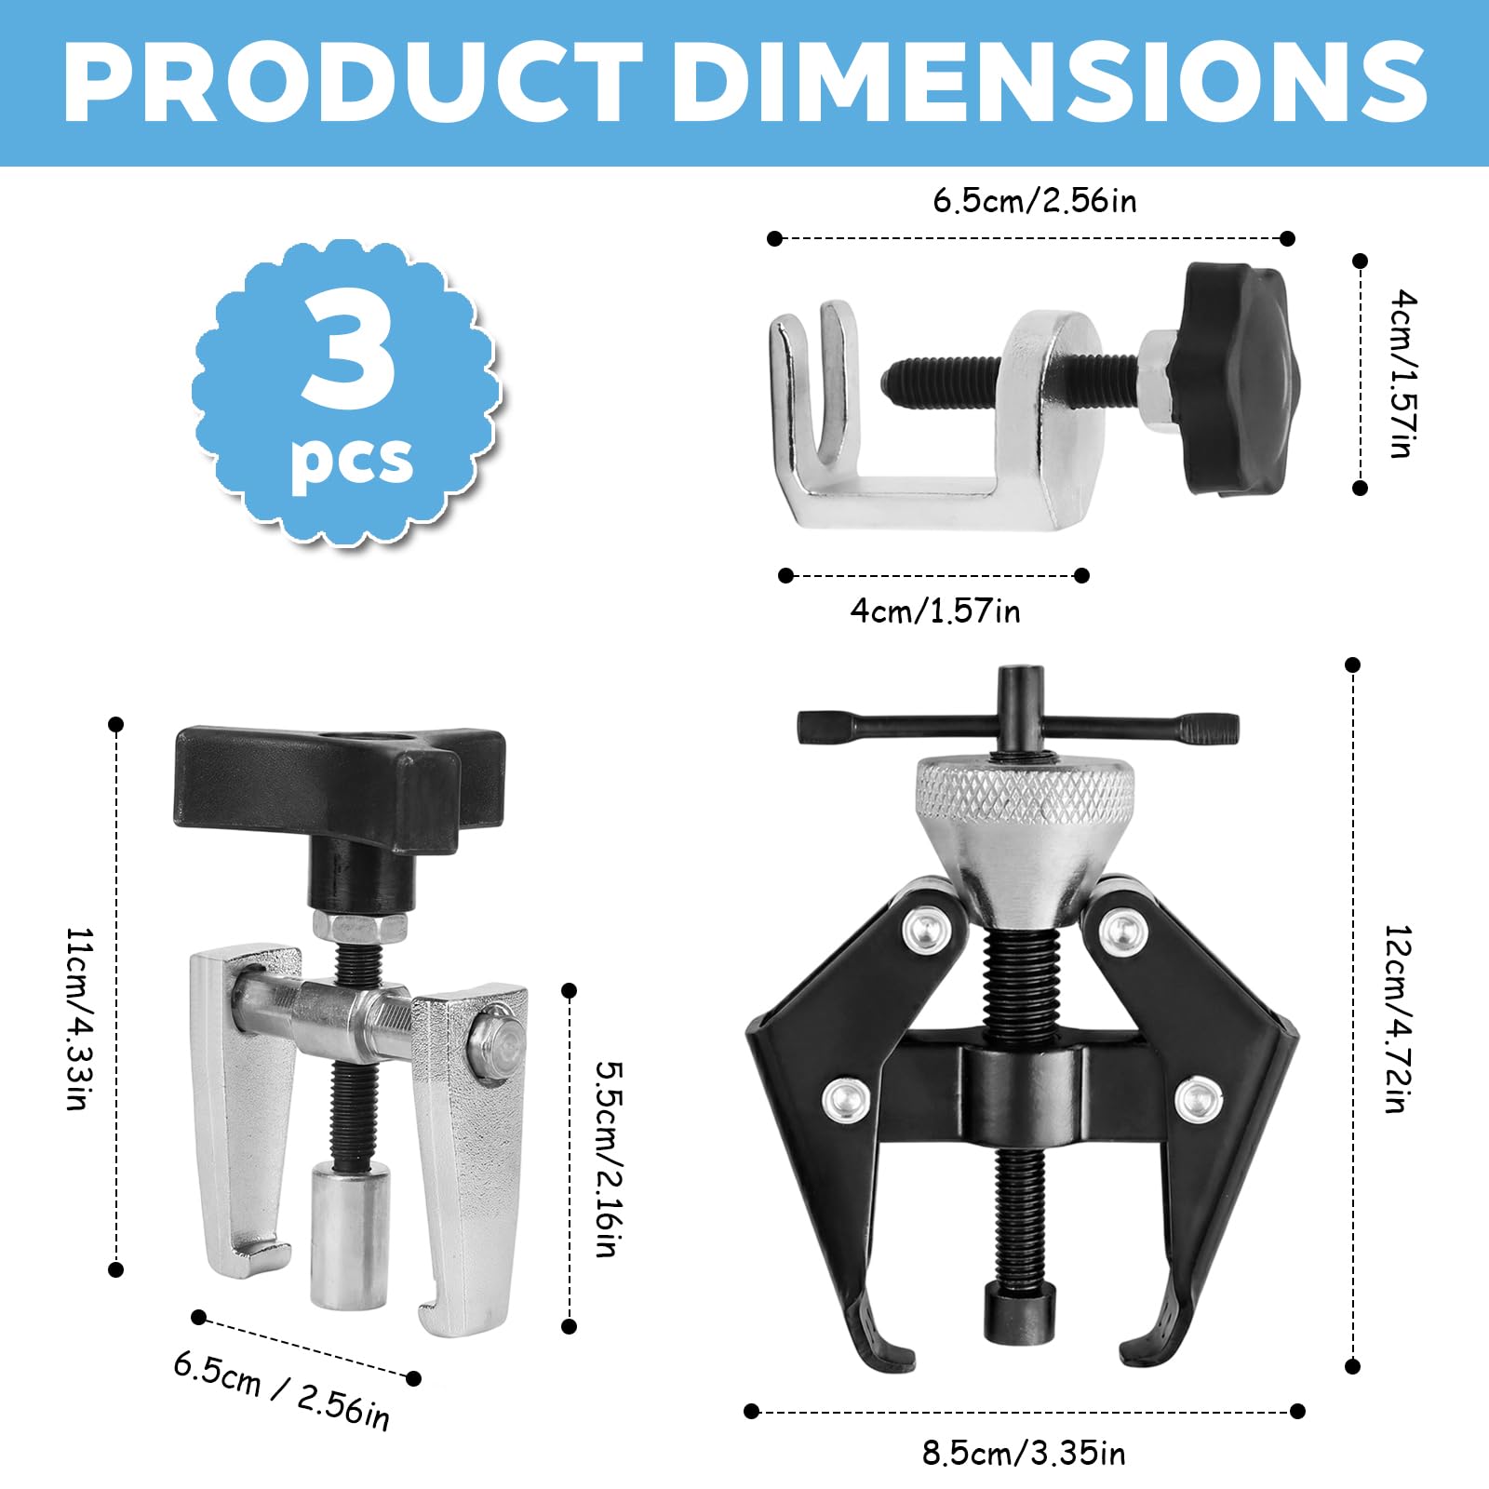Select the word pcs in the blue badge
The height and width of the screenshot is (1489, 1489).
(x=352, y=460)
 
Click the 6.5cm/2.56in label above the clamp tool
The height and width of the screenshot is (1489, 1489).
(x=1035, y=201)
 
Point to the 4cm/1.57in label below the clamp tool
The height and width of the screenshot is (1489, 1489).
(x=935, y=611)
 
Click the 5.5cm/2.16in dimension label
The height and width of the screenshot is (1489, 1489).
(x=607, y=1159)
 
